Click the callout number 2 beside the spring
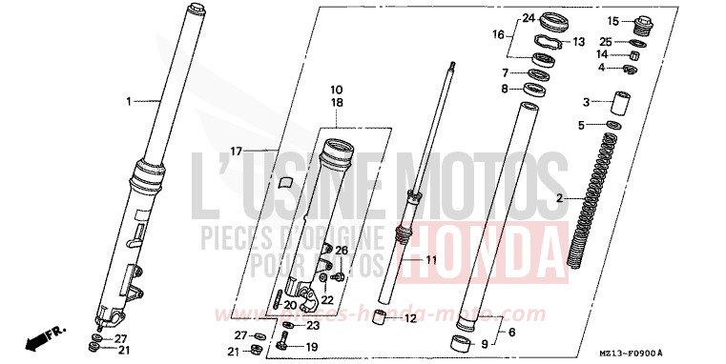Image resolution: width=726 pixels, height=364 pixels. point(561,198)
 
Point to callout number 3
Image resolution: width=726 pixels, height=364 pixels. point(587,102)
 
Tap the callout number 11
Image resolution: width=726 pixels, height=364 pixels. point(430,259)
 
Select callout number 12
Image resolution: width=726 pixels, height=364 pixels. point(409,318)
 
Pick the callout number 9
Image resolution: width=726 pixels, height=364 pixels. point(484,345)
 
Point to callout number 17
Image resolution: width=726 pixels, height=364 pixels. point(238,151)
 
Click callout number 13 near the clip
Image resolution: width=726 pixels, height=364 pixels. point(578,42)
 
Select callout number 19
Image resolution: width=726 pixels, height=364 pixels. point(311,347)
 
